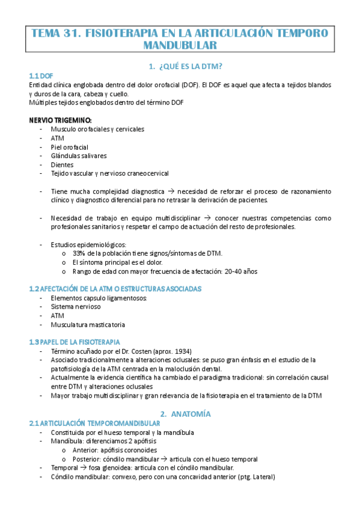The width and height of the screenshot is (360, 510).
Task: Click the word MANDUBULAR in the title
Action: tap(180, 45)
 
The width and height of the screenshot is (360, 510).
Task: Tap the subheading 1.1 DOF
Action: tap(41, 76)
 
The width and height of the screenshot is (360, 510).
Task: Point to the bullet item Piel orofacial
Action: tap(70, 147)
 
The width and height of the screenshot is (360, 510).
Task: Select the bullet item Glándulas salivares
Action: tap(79, 156)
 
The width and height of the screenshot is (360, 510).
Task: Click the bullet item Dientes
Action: tap(63, 164)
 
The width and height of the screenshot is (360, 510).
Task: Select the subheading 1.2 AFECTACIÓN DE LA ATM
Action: tap(115, 289)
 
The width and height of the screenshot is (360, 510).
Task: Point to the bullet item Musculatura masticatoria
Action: tap(88, 325)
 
